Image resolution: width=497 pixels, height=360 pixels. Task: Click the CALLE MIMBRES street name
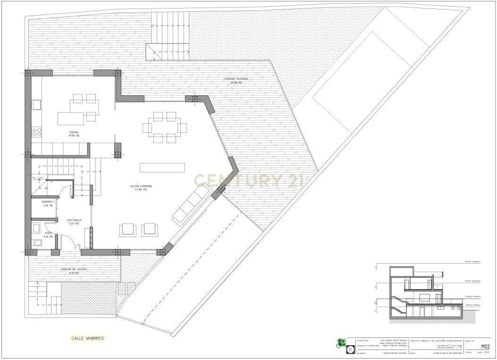87,338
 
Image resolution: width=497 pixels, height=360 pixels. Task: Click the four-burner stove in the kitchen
36,132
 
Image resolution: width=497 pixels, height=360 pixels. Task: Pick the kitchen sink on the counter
36,104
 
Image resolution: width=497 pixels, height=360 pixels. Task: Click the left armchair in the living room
128,230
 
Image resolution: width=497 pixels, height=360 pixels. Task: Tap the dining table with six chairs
165,128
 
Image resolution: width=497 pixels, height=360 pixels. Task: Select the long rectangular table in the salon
162,168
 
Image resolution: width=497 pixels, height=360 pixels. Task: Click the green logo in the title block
341,342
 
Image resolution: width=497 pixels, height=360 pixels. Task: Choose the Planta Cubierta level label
472,261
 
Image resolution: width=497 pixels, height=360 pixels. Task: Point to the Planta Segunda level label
472,281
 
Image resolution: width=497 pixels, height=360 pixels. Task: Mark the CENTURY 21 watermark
246,180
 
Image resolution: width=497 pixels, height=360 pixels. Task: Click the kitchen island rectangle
71,118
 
